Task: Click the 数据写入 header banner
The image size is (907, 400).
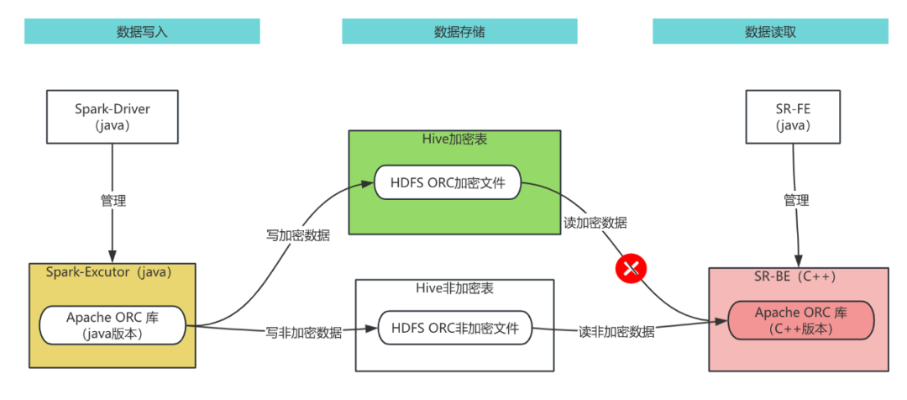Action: coord(142,32)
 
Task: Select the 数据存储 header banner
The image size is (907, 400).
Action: coord(459,32)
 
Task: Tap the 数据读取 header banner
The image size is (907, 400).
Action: coord(770,32)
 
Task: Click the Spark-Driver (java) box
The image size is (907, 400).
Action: coord(113,117)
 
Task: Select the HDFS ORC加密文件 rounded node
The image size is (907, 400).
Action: coord(447,182)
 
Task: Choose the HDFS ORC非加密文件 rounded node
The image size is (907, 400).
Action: coord(454,327)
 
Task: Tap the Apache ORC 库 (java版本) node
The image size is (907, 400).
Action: coord(113,325)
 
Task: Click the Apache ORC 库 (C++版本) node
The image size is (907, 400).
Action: coord(800,320)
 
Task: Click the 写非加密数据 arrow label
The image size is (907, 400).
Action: coord(304,332)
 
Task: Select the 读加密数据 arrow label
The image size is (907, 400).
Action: coord(595,223)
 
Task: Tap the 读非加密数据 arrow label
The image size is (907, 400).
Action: coord(617,332)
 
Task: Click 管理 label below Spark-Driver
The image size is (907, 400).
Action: coord(113,201)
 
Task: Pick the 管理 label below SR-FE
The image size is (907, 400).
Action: coord(796,201)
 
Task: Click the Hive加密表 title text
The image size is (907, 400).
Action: coord(453,139)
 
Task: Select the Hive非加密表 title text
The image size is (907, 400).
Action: coord(454,288)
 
